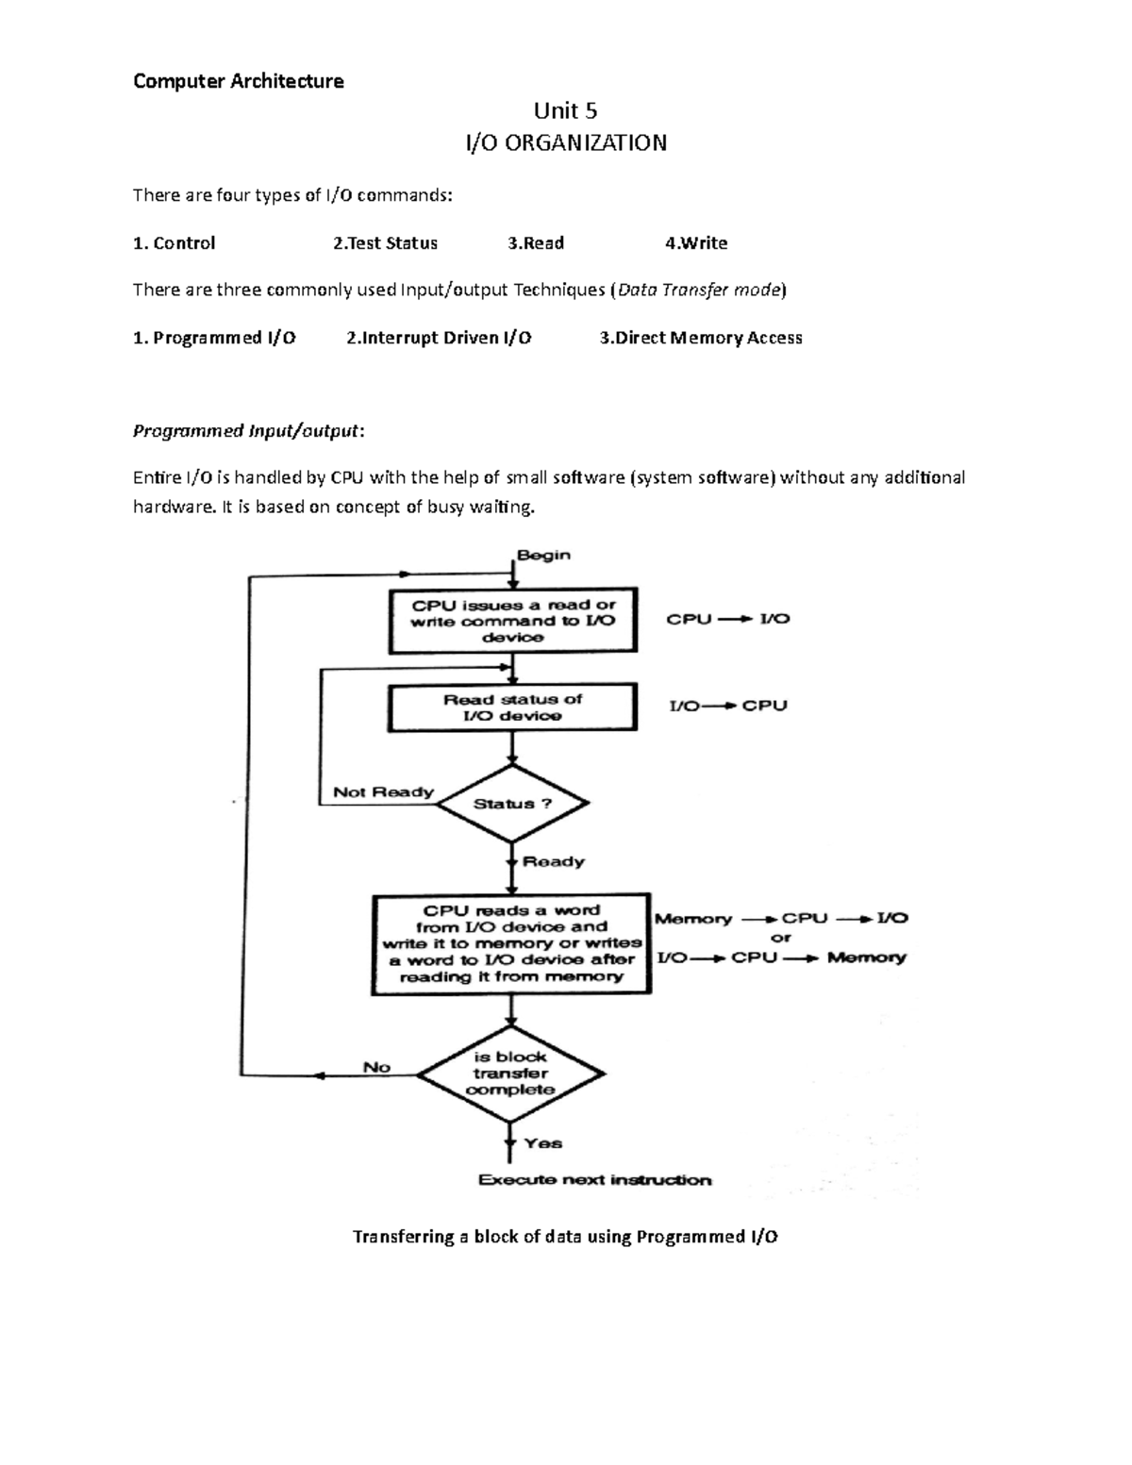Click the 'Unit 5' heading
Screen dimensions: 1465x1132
click(565, 111)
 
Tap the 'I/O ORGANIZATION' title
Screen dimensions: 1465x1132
click(565, 143)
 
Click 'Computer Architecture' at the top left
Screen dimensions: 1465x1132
click(238, 81)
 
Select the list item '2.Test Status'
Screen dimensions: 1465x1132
click(385, 243)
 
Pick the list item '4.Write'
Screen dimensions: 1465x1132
click(695, 243)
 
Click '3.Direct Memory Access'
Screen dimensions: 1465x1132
click(700, 338)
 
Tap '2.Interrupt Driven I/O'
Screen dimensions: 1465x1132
click(439, 338)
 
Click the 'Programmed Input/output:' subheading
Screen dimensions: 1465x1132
click(248, 431)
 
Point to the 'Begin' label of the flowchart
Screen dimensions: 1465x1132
click(543, 555)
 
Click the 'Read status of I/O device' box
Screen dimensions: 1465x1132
click(512, 708)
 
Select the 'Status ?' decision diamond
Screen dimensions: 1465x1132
click(512, 804)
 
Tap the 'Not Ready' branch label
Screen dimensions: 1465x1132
click(383, 792)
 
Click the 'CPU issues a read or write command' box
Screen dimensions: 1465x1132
click(512, 621)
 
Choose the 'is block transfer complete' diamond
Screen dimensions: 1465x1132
click(510, 1074)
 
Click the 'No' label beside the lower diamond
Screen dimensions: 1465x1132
click(376, 1067)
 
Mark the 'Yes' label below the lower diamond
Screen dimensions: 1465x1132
click(543, 1143)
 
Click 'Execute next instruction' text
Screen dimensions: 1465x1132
click(594, 1180)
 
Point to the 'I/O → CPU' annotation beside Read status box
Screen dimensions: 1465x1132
click(727, 706)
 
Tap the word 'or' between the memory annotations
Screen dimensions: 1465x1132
click(781, 938)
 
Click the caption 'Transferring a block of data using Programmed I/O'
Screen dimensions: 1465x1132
click(565, 1237)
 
